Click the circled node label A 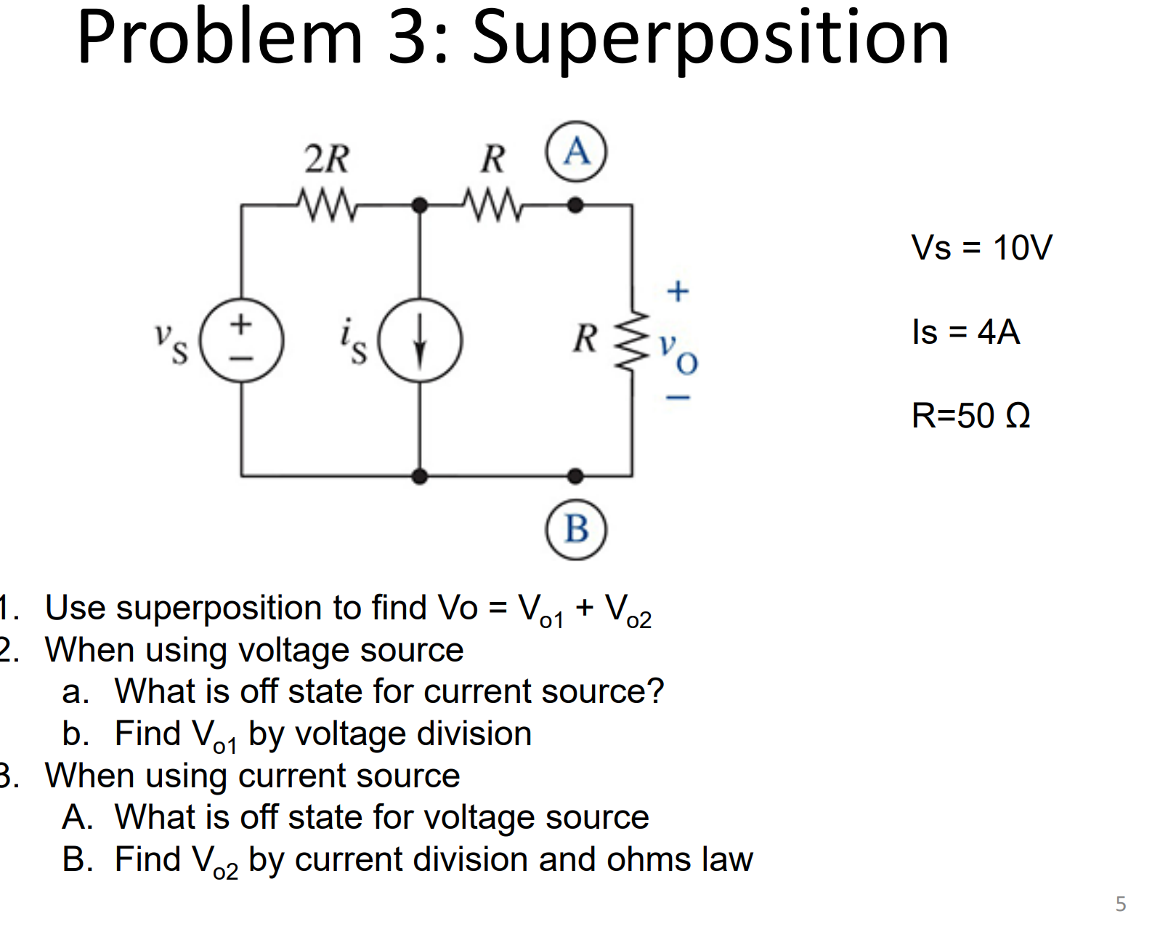pyautogui.click(x=576, y=151)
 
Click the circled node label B pyautogui.click(x=576, y=529)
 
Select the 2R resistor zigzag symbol pyautogui.click(x=327, y=205)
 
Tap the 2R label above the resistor pyautogui.click(x=327, y=158)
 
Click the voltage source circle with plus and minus pyautogui.click(x=241, y=340)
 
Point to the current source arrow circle pyautogui.click(x=420, y=340)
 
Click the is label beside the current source pyautogui.click(x=354, y=340)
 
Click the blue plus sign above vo pyautogui.click(x=678, y=291)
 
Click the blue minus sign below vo pyautogui.click(x=678, y=398)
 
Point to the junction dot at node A pyautogui.click(x=575, y=206)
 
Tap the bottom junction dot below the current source pyautogui.click(x=420, y=476)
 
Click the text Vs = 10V pyautogui.click(x=981, y=248)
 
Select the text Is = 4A pyautogui.click(x=965, y=332)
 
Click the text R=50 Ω pyautogui.click(x=970, y=416)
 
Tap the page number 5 pyautogui.click(x=1120, y=904)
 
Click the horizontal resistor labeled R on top pyautogui.click(x=492, y=205)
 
